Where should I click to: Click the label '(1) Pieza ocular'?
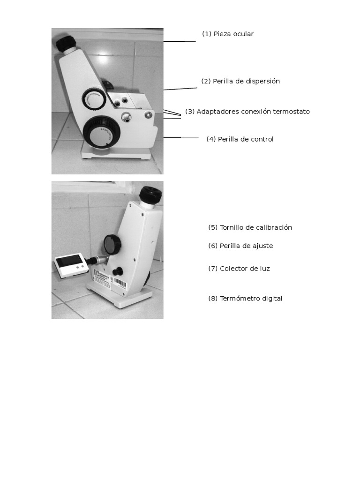tap(228, 34)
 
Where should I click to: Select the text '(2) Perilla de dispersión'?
tap(240, 81)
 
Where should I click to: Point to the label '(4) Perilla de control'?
tap(240, 139)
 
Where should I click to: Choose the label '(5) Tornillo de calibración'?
tap(250, 227)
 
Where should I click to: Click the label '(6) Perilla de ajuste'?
tap(240, 246)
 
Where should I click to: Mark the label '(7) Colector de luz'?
tap(239, 269)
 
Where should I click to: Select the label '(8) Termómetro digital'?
tap(245, 299)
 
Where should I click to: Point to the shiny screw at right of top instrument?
tap(149, 115)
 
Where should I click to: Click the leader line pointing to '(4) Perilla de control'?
tap(180, 138)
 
